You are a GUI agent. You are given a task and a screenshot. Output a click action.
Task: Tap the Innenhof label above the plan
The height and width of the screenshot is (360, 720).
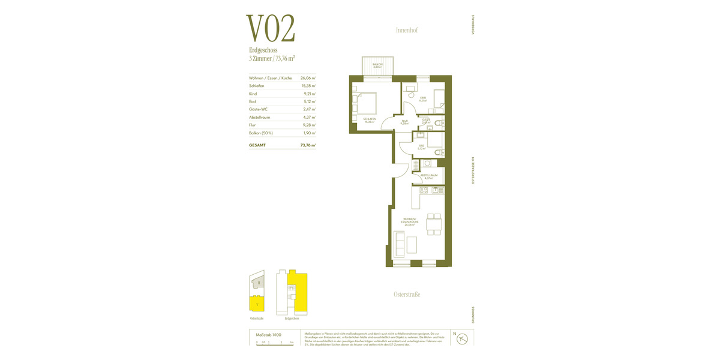(x=406, y=30)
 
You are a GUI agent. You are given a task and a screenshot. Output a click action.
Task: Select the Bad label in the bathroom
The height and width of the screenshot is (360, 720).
(x=422, y=146)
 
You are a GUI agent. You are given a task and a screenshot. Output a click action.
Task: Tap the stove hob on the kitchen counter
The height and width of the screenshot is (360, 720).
(x=423, y=190)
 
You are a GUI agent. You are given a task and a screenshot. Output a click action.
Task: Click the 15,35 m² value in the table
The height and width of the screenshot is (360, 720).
(x=308, y=86)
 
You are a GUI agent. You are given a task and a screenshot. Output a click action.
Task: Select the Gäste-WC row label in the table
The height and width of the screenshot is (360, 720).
(x=257, y=109)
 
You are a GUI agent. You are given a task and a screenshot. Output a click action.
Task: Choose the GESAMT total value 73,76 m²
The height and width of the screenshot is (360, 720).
(x=308, y=145)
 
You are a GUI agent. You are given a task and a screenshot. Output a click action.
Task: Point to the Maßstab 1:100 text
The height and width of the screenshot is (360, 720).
(x=268, y=334)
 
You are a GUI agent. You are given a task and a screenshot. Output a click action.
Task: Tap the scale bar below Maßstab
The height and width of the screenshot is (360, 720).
(x=274, y=342)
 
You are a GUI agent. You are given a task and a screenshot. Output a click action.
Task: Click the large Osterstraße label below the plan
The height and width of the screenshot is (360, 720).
(x=406, y=294)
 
